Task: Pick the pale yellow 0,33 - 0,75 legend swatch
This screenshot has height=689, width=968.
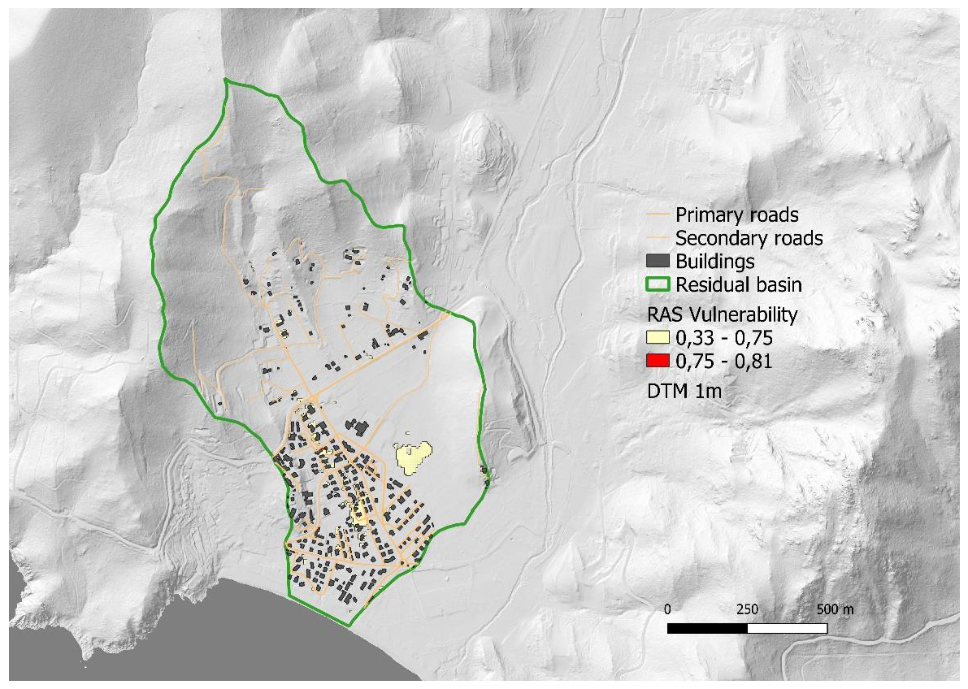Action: tap(662, 337)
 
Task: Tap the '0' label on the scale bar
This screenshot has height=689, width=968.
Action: tap(667, 609)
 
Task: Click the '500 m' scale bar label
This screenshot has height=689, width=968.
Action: tap(831, 609)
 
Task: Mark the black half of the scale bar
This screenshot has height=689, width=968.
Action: tap(707, 628)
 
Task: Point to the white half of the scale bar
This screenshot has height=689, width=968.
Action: tap(787, 628)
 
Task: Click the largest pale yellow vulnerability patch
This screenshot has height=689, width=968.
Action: tap(412, 456)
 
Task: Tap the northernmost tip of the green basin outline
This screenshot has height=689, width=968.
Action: tap(228, 80)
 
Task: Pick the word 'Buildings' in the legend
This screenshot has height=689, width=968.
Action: tap(715, 262)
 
